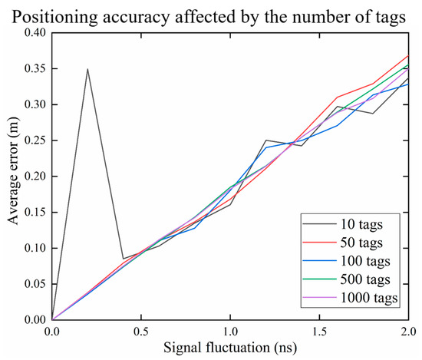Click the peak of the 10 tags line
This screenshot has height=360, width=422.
coord(87,69)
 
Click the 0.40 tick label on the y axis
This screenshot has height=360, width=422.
coord(34,32)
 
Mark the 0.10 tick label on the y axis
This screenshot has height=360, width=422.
coord(34,248)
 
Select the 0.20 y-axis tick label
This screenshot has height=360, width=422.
coord(34,176)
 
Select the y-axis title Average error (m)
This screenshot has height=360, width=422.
coord(11,176)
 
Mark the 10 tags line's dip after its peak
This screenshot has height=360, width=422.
coord(123,259)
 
